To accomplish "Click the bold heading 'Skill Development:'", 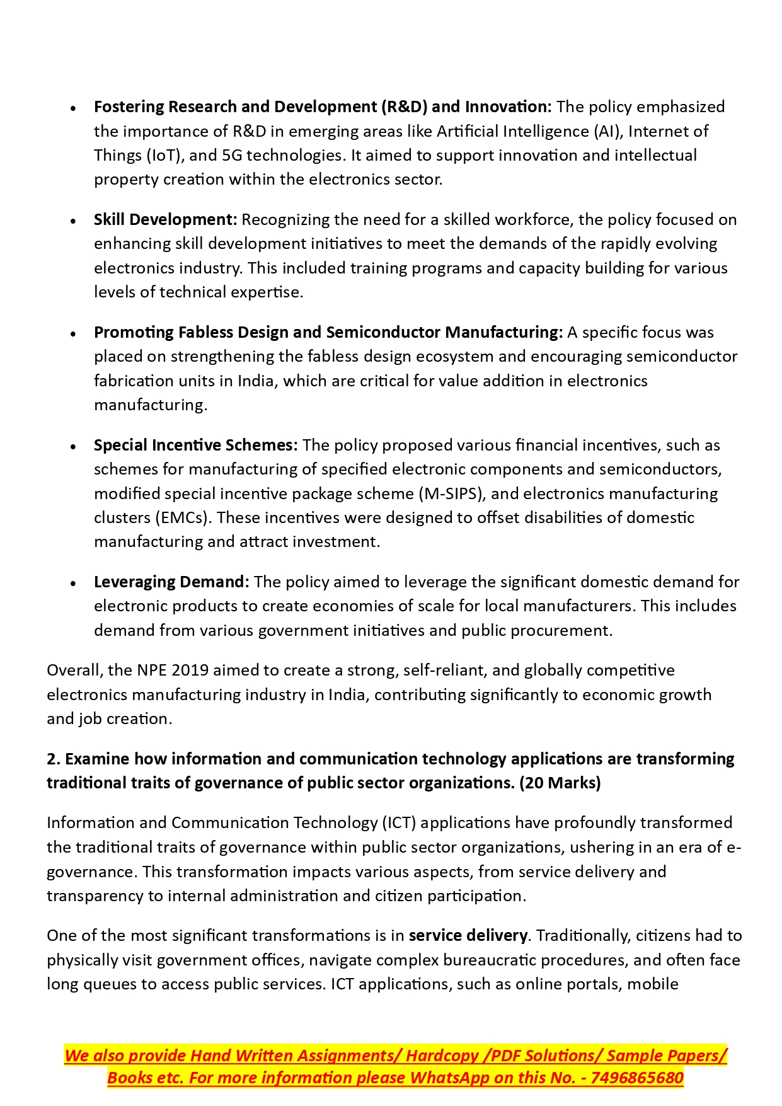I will (x=165, y=220).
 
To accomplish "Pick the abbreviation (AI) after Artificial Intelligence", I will (x=608, y=131).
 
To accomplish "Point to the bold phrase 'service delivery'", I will (x=468, y=936).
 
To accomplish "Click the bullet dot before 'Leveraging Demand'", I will (x=74, y=583).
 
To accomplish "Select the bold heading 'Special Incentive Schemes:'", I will (x=195, y=446).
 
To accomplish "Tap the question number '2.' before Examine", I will (x=54, y=759).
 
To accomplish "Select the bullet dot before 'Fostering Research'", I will (x=74, y=108).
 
